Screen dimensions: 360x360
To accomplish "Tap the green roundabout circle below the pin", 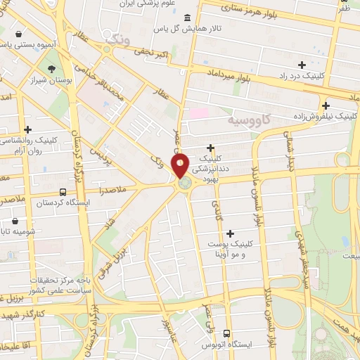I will (x=184, y=184).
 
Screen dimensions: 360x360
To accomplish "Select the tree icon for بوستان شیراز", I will (x=52, y=69).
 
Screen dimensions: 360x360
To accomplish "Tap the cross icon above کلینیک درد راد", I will (x=302, y=65).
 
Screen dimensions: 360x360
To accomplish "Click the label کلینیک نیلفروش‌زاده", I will (x=323, y=115).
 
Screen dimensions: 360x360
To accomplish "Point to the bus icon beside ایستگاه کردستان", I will (x=63, y=192).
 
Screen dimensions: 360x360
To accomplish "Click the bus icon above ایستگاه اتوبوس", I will (x=226, y=333).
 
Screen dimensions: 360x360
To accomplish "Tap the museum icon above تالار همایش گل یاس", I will (x=186, y=18).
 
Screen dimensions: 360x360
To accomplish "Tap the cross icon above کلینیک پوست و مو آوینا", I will (x=230, y=233).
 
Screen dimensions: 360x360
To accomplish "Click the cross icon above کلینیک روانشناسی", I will (x=28, y=129).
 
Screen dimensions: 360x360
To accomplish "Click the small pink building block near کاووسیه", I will (x=199, y=113).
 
